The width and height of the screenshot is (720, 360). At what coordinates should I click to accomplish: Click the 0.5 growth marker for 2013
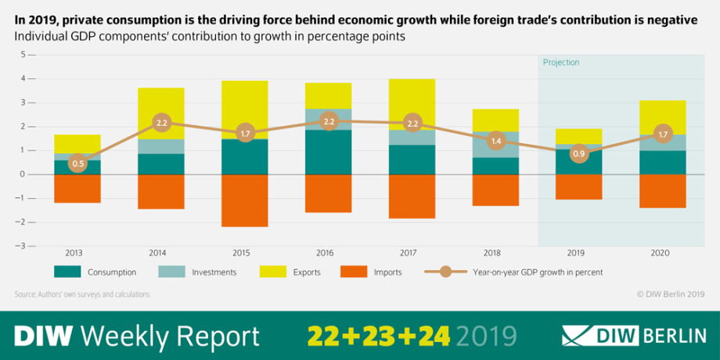pos(77,164)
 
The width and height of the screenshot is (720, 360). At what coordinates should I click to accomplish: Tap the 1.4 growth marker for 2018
pos(496,142)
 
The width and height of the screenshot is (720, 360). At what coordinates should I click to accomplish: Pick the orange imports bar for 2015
pos(245,200)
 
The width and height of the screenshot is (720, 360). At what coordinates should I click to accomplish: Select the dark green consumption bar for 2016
pos(329,152)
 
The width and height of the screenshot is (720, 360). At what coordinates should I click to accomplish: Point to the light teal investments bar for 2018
pos(496,145)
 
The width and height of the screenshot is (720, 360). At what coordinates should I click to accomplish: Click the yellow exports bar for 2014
pos(161,113)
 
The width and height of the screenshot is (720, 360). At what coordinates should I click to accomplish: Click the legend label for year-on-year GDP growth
pos(538,272)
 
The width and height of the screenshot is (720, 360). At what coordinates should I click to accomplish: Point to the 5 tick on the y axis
pos(23,55)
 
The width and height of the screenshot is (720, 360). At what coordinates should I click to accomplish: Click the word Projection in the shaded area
pos(561,63)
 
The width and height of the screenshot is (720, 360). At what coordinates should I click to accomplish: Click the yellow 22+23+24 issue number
pos(379,335)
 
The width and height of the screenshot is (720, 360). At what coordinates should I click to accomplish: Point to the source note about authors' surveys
pos(83,294)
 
